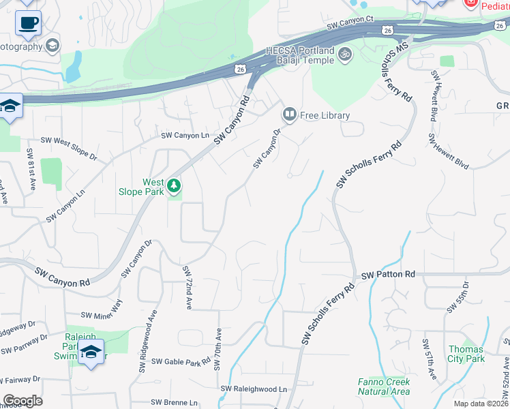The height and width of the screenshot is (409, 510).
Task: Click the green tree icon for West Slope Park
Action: pos(174,185)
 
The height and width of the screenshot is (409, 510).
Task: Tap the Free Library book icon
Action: pos(290,115)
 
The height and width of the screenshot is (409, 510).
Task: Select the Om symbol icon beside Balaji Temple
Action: pos(345,52)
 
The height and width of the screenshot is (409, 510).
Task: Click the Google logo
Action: pos(22,401)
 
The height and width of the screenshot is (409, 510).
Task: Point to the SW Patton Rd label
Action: pos(388,275)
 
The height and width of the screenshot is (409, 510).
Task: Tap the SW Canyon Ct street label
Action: pos(350,23)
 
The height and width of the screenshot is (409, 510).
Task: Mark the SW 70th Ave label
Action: pos(218,349)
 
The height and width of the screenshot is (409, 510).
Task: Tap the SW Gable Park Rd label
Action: pos(181,361)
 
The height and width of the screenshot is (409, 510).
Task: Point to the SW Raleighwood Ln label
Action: pos(254,389)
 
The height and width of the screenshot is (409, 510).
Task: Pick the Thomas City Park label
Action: pos(466,354)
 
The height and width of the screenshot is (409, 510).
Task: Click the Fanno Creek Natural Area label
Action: pos(384,387)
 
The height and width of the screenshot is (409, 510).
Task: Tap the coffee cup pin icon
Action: pos(28,22)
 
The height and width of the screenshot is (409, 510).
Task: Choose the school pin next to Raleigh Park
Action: pos(90,352)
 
